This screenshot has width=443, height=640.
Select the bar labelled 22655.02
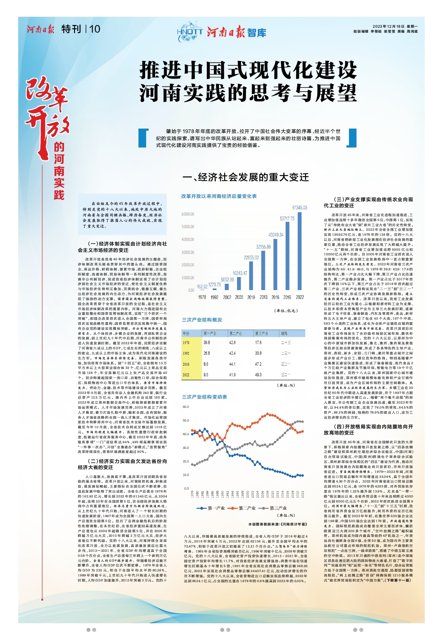point(251,276)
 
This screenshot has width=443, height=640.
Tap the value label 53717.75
point(287,219)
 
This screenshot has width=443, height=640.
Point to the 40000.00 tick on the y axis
point(188,240)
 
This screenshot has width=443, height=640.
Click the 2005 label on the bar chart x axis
point(239,297)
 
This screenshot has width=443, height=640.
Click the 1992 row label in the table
point(186,353)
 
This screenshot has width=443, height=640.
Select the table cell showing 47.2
point(258,364)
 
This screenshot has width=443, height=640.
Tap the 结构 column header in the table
point(284,333)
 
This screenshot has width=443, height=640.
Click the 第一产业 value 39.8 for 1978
point(207,342)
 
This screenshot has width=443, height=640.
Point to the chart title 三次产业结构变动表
point(204,397)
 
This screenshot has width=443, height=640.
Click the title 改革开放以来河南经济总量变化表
point(219,196)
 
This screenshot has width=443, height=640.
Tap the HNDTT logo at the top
point(190,32)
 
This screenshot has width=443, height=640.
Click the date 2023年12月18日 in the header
point(388,26)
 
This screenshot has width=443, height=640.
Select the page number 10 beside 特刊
point(95,29)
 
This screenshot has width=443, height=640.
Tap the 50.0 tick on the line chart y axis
point(186,420)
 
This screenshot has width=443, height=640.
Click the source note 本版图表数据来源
point(278,524)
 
